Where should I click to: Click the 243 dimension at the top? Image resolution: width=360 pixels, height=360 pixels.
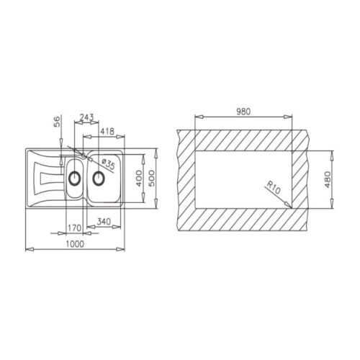(x=86, y=118)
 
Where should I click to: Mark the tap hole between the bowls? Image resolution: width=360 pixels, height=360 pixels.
(x=85, y=154)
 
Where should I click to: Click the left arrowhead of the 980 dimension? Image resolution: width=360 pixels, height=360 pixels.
(x=196, y=117)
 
